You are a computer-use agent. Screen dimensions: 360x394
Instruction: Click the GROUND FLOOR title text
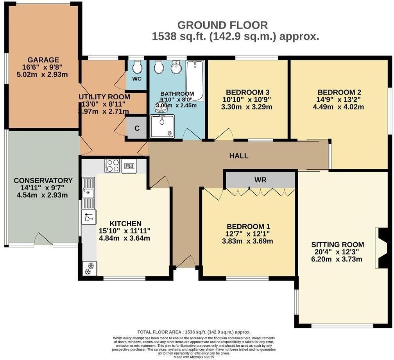[x=222, y=25]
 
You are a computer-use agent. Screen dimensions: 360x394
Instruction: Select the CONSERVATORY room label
[x=43, y=181]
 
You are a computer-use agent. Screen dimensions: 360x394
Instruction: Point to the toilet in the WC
[x=137, y=68]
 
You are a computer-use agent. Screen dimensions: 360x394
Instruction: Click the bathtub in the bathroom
[x=195, y=81]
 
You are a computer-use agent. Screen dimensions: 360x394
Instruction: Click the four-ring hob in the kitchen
[x=112, y=166]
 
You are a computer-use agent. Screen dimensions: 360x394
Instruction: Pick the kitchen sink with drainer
[x=88, y=192]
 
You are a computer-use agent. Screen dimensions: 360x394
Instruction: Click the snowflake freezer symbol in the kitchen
[x=90, y=268]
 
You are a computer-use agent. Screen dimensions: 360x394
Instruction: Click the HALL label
[x=239, y=156]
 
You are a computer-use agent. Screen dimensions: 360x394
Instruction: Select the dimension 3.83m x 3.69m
[x=249, y=241]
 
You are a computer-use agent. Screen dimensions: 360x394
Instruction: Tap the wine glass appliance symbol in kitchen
[x=89, y=217]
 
